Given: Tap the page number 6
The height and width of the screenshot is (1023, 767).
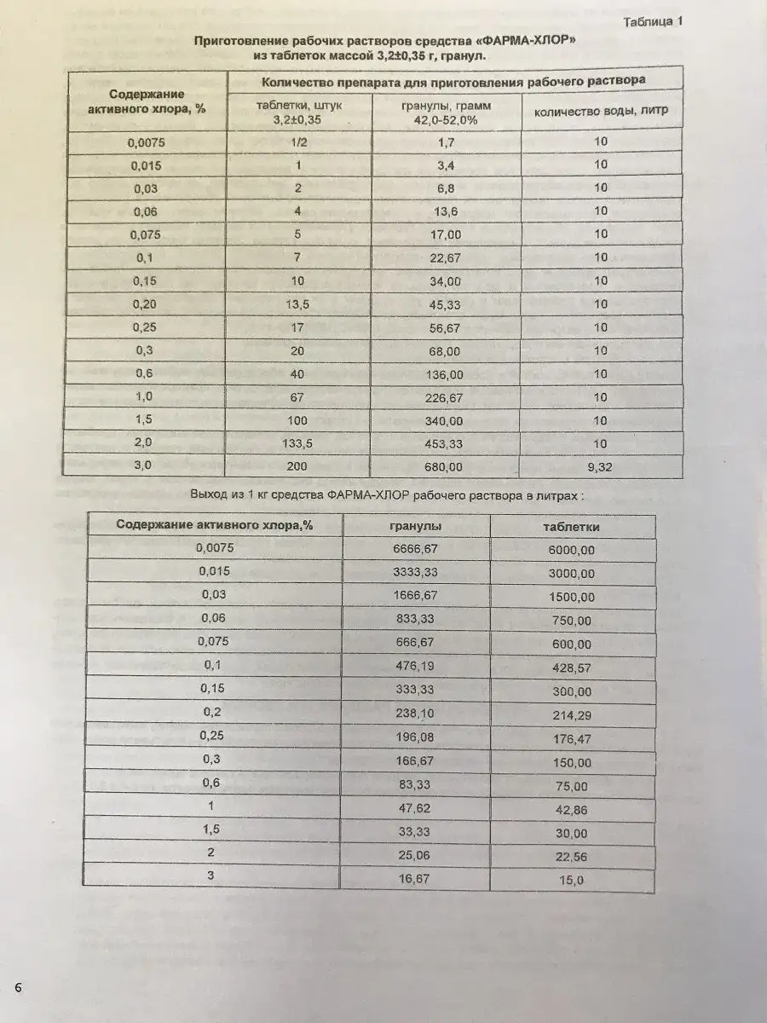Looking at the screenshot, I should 17,986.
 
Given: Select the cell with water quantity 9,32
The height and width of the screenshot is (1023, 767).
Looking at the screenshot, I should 601,466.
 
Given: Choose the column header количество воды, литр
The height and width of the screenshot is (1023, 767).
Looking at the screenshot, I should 601,110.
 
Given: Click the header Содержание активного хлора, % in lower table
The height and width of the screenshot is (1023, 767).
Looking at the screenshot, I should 215,525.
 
